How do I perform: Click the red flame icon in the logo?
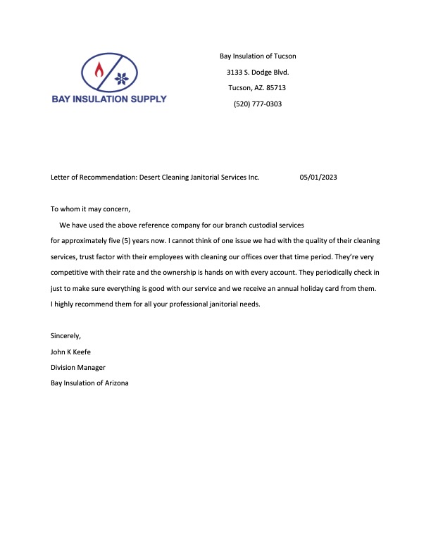click(99, 70)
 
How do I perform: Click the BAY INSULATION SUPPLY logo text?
click(109, 99)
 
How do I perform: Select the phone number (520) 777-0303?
click(257, 104)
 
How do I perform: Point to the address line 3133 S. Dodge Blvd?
click(258, 72)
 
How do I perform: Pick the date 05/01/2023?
click(318, 178)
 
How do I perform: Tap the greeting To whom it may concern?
click(91, 209)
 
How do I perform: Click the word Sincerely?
click(66, 335)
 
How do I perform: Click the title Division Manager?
click(78, 367)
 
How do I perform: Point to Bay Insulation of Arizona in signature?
click(89, 383)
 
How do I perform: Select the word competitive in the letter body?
click(71, 272)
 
